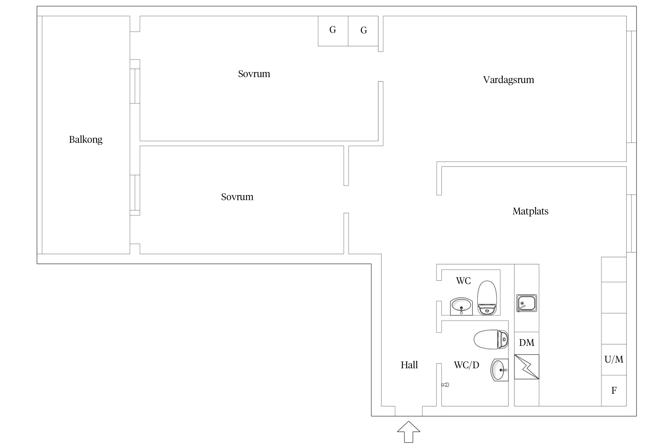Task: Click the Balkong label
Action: click(x=86, y=139)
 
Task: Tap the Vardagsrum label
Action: click(x=509, y=80)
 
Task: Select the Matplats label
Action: click(x=530, y=211)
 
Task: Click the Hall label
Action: click(x=409, y=365)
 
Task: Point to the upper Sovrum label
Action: click(x=254, y=74)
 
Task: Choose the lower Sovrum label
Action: click(x=237, y=197)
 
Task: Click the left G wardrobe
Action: click(x=333, y=31)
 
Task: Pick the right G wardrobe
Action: click(x=363, y=31)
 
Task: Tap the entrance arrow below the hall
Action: click(x=409, y=432)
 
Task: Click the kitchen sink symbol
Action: click(x=527, y=303)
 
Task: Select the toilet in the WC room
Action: click(x=487, y=297)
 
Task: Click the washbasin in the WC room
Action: click(x=461, y=306)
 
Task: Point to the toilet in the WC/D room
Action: click(x=491, y=340)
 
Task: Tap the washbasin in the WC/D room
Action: click(x=500, y=370)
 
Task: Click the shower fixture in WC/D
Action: click(x=445, y=385)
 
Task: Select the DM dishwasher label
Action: click(x=527, y=343)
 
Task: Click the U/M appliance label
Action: click(x=614, y=359)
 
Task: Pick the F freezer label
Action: click(x=614, y=390)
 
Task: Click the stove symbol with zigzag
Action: click(x=527, y=367)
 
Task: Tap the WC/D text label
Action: click(x=467, y=365)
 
